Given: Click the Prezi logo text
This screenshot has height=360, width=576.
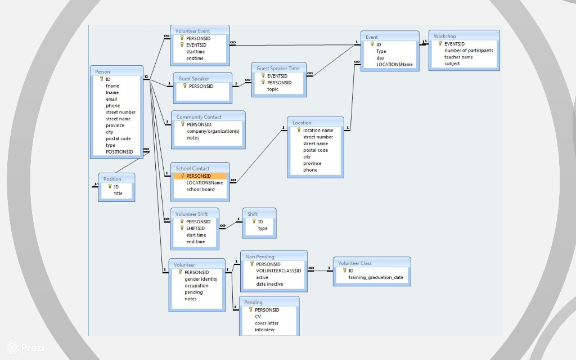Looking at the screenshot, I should (x=32, y=348).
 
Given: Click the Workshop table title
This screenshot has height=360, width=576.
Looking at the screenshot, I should (x=444, y=37).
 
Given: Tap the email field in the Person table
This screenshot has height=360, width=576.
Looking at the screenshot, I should (x=111, y=99).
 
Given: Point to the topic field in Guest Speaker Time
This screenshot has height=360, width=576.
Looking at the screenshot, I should (x=273, y=89).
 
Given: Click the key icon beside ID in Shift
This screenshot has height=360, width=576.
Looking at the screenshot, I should (x=254, y=222).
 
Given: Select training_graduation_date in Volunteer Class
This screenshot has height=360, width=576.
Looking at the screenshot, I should (x=376, y=277).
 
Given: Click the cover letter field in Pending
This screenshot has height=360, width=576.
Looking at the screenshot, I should (x=267, y=323).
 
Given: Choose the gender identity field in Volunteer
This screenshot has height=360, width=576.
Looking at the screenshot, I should (x=201, y=279).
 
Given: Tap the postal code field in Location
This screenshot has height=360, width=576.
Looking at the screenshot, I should (x=316, y=150).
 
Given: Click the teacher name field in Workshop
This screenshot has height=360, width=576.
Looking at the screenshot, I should (x=458, y=57).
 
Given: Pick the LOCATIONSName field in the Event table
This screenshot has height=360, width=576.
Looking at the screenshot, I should (x=394, y=64).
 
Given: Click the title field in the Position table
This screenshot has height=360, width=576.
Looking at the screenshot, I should (x=118, y=193).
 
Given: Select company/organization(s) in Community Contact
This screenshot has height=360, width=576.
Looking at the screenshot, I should (x=213, y=131).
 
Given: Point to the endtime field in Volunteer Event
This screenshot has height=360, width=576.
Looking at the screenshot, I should (x=195, y=58).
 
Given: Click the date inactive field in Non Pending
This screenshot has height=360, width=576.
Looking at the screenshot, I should (x=269, y=284).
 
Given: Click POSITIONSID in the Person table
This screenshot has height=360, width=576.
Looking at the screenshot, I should (x=119, y=151).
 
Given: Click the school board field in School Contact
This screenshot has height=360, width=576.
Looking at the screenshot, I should (x=201, y=189).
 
